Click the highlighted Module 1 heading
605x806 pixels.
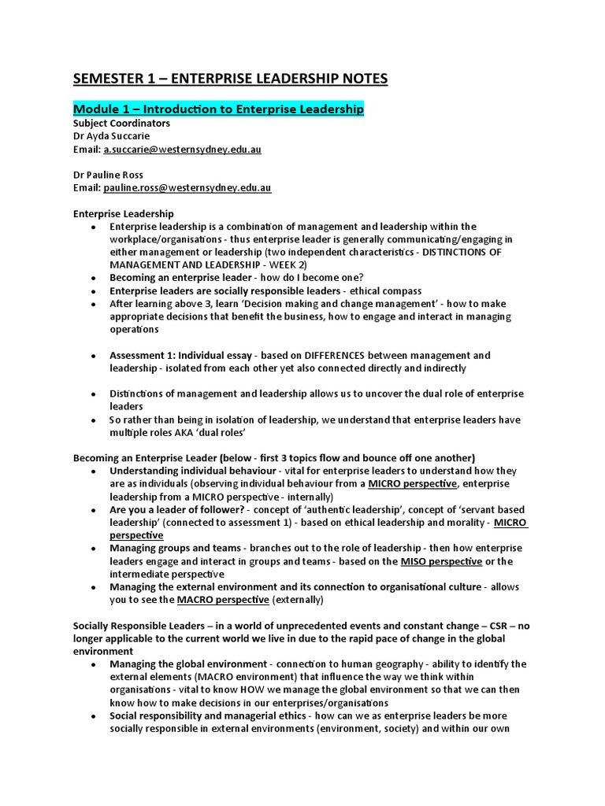(x=218, y=109)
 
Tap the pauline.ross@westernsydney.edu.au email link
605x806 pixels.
(x=187, y=188)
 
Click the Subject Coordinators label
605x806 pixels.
(x=121, y=124)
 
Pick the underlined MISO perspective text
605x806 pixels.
(x=441, y=561)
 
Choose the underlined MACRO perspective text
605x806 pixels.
(x=223, y=600)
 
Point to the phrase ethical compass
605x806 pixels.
(x=386, y=290)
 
